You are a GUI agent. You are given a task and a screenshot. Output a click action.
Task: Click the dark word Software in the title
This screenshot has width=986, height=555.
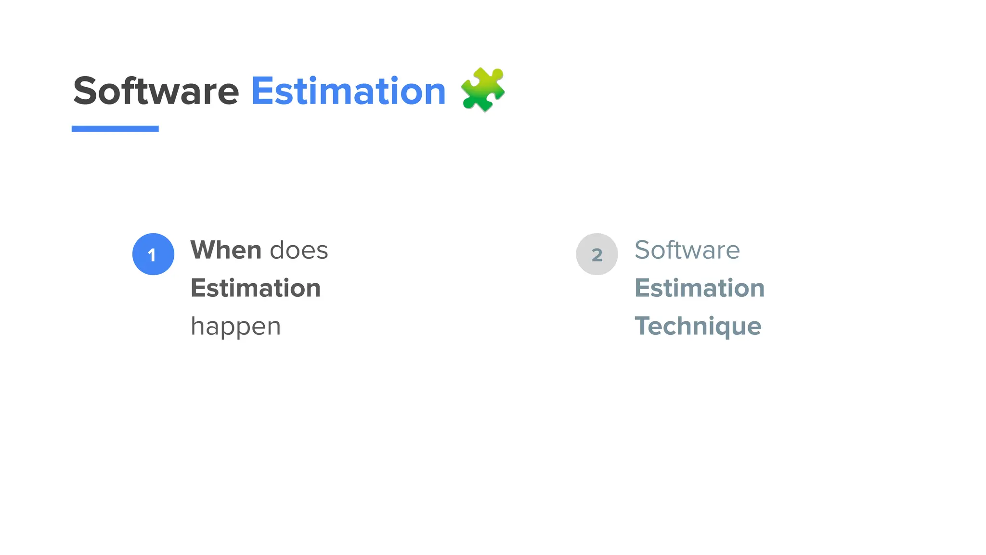coord(156,91)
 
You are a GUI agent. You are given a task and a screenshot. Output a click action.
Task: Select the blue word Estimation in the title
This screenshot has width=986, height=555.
coord(348,91)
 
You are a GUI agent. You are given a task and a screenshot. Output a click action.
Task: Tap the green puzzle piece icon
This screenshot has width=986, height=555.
coord(482,90)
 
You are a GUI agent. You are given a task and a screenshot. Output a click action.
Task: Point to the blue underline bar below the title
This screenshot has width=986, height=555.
coord(115,129)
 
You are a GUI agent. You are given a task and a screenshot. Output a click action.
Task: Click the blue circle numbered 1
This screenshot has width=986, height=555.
coord(153,254)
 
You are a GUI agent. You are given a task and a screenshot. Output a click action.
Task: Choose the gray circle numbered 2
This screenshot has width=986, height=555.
coord(597,254)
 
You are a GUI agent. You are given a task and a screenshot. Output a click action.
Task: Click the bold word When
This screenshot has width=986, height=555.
coord(226,250)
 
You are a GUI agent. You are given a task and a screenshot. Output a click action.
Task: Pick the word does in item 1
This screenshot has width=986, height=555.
coord(299,250)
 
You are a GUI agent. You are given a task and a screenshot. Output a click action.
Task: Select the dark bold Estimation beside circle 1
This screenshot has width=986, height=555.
coord(256,288)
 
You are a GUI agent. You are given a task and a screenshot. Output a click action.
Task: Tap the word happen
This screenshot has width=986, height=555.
coord(235,327)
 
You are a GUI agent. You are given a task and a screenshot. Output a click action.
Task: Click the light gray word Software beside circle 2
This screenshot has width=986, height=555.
coord(687,250)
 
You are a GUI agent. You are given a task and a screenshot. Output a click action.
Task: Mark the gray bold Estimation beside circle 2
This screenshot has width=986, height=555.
coord(700,288)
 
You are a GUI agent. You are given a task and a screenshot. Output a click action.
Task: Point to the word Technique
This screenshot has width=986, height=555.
coord(698,326)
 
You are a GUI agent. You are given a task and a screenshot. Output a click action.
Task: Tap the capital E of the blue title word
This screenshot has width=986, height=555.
coord(262,91)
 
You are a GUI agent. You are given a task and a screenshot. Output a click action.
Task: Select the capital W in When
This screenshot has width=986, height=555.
coord(203,250)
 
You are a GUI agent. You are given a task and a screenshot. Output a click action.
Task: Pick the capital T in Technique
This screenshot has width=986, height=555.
coord(642,326)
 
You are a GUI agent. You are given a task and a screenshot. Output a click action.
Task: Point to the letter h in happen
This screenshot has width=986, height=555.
coord(197,326)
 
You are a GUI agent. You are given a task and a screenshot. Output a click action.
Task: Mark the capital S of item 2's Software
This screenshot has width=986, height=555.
coord(643,250)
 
